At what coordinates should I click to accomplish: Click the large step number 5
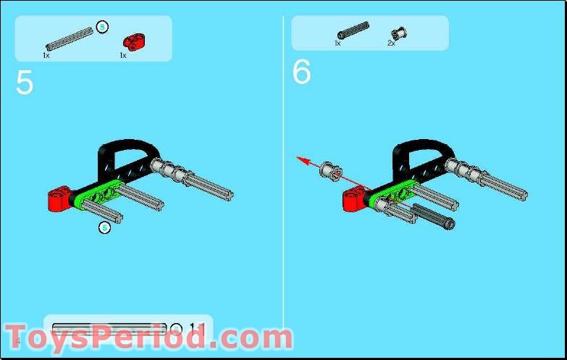point(24,83)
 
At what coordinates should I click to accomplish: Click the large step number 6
point(301,72)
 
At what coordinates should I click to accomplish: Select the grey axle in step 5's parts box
point(70,36)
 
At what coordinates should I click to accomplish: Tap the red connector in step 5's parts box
point(131,40)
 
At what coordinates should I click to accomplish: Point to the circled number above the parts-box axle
point(103,27)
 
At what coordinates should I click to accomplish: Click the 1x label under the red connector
point(122,55)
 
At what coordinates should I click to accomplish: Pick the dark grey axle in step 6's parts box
point(352,32)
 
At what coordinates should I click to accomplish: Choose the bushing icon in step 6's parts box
point(398,32)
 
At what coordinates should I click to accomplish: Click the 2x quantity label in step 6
point(391,43)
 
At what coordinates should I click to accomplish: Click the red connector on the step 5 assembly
point(59,198)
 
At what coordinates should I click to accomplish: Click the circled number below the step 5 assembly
point(104,227)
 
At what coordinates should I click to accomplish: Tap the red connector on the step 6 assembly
point(354,198)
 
